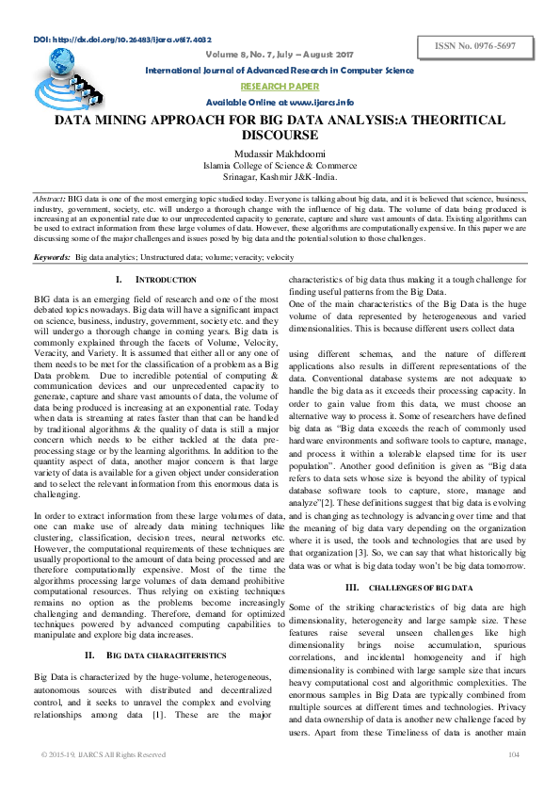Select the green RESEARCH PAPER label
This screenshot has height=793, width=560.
tap(279, 86)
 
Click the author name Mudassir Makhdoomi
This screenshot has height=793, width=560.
tap(279, 154)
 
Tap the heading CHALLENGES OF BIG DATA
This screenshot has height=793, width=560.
tap(419, 588)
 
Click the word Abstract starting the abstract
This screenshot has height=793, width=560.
tap(49, 202)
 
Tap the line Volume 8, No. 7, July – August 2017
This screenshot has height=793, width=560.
tap(280, 55)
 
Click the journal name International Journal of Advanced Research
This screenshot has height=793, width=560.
tap(279, 71)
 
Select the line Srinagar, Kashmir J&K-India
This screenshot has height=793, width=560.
tap(279, 176)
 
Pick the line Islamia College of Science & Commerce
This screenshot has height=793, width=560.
tap(279, 165)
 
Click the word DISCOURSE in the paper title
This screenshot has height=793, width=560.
tap(280, 135)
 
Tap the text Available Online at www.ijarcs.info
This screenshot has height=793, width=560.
tap(280, 102)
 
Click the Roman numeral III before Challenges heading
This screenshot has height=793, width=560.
tap(353, 588)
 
